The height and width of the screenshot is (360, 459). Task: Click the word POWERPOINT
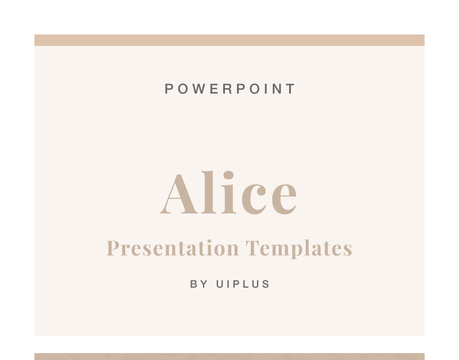pyautogui.click(x=230, y=89)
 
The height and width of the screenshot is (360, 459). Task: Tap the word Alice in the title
pyautogui.click(x=228, y=192)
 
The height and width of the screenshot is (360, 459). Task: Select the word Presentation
pyautogui.click(x=173, y=249)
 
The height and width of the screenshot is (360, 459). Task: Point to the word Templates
pyautogui.click(x=298, y=249)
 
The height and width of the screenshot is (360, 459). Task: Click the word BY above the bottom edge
pyautogui.click(x=199, y=284)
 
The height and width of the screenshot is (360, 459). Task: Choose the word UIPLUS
pyautogui.click(x=243, y=284)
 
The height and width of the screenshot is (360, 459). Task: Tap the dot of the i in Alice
pyautogui.click(x=228, y=175)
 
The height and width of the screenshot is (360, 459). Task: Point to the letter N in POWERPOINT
pyautogui.click(x=277, y=89)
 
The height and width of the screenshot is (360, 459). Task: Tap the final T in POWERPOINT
pyautogui.click(x=291, y=89)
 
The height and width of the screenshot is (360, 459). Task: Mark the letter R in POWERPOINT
pyautogui.click(x=227, y=89)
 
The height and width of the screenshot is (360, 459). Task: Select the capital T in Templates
pyautogui.click(x=252, y=248)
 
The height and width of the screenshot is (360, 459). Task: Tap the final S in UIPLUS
pyautogui.click(x=266, y=284)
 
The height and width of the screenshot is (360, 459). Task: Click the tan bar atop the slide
pyautogui.click(x=229, y=40)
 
